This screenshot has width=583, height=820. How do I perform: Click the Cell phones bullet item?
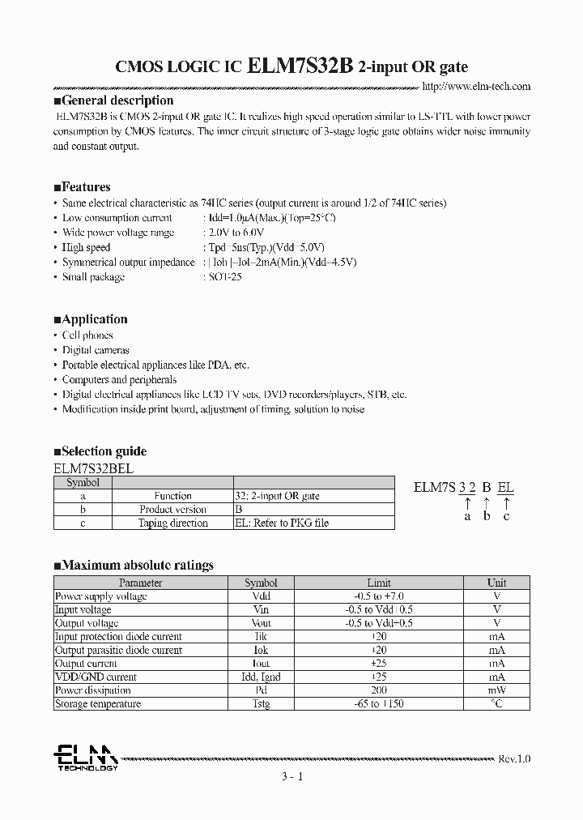(x=87, y=335)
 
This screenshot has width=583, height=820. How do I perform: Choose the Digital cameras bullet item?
(x=96, y=350)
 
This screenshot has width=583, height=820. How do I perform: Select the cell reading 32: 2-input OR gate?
(x=277, y=496)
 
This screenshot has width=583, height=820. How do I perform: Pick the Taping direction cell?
(x=172, y=523)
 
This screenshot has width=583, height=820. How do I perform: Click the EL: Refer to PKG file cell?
(x=282, y=523)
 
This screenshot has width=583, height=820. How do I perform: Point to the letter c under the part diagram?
(x=506, y=516)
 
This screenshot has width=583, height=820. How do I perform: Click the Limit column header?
(x=378, y=583)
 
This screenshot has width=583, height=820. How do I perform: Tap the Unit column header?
(x=496, y=583)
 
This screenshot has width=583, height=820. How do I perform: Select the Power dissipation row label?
(x=92, y=690)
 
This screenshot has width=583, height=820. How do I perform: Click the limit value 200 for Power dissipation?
(x=378, y=690)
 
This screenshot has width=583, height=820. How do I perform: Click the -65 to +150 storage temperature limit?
(x=378, y=704)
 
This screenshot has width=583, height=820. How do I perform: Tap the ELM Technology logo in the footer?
(x=85, y=758)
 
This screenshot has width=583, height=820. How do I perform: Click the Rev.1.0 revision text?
(x=514, y=759)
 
